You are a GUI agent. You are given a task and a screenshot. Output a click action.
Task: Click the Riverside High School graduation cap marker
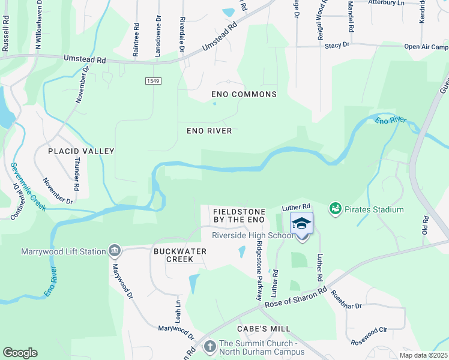[x=301, y=225]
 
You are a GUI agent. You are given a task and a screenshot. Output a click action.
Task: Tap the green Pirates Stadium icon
[x=335, y=209]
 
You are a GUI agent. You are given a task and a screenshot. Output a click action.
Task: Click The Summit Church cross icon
[x=209, y=346]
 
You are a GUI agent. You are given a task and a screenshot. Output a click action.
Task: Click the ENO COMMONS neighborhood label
[x=244, y=94]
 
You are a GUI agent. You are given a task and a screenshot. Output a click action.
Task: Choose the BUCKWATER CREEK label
[x=173, y=255]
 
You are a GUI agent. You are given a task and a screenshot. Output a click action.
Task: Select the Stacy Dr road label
[x=337, y=45]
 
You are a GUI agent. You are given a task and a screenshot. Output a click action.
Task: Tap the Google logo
[x=20, y=352]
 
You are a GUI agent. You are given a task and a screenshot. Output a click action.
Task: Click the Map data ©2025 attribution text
[x=423, y=355]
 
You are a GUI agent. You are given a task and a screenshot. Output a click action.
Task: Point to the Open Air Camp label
[x=426, y=47]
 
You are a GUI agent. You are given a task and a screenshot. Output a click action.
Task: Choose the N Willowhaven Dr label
[x=38, y=24]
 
